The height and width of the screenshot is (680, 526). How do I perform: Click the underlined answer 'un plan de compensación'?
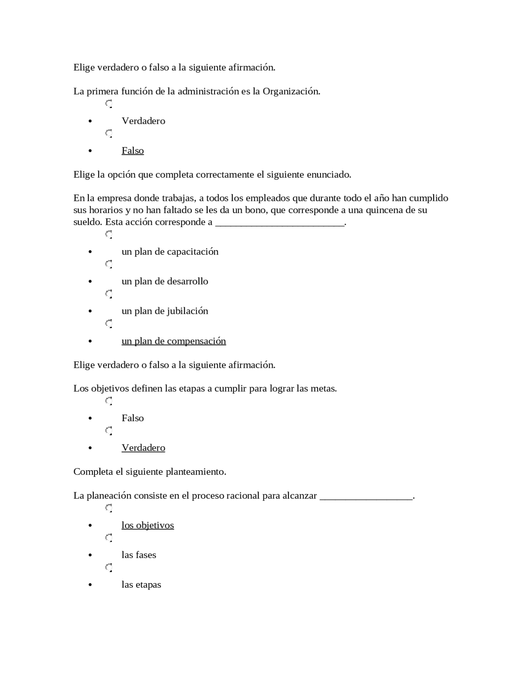point(173,341)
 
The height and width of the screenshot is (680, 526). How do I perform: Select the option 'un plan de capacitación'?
point(170,251)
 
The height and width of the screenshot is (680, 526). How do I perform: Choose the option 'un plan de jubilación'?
point(165,311)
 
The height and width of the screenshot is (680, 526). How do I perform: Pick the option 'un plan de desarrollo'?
point(165,281)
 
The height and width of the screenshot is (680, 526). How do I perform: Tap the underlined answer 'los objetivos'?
point(148,525)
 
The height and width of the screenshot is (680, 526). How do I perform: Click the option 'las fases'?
point(138,555)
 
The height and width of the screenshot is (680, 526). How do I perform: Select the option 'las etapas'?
point(141,584)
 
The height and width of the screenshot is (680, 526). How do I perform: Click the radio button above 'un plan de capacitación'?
point(109,234)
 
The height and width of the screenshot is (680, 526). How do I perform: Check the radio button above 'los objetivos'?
point(109,508)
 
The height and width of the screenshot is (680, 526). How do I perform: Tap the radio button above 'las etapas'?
point(109,567)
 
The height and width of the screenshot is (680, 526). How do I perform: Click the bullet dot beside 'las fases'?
point(90,555)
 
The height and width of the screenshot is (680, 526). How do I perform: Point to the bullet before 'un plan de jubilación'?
point(90,311)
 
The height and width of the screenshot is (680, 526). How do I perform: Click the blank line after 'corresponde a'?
point(279,223)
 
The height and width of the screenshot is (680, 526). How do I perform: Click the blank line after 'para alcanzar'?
point(366,497)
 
